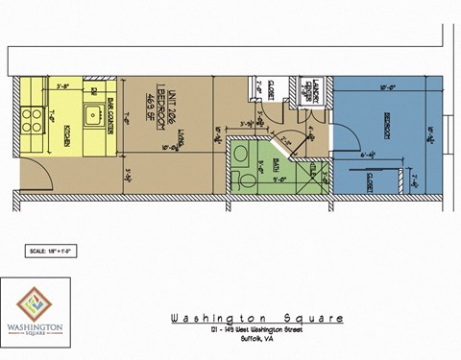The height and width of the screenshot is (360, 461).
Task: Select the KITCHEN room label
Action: (66, 131)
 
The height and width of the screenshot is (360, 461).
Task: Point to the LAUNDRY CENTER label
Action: (312, 91)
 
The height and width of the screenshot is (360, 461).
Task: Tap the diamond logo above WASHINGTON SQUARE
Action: (33, 301)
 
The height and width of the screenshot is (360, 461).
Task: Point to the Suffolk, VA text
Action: (256, 339)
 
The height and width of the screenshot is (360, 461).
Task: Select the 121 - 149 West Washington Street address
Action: (256, 330)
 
